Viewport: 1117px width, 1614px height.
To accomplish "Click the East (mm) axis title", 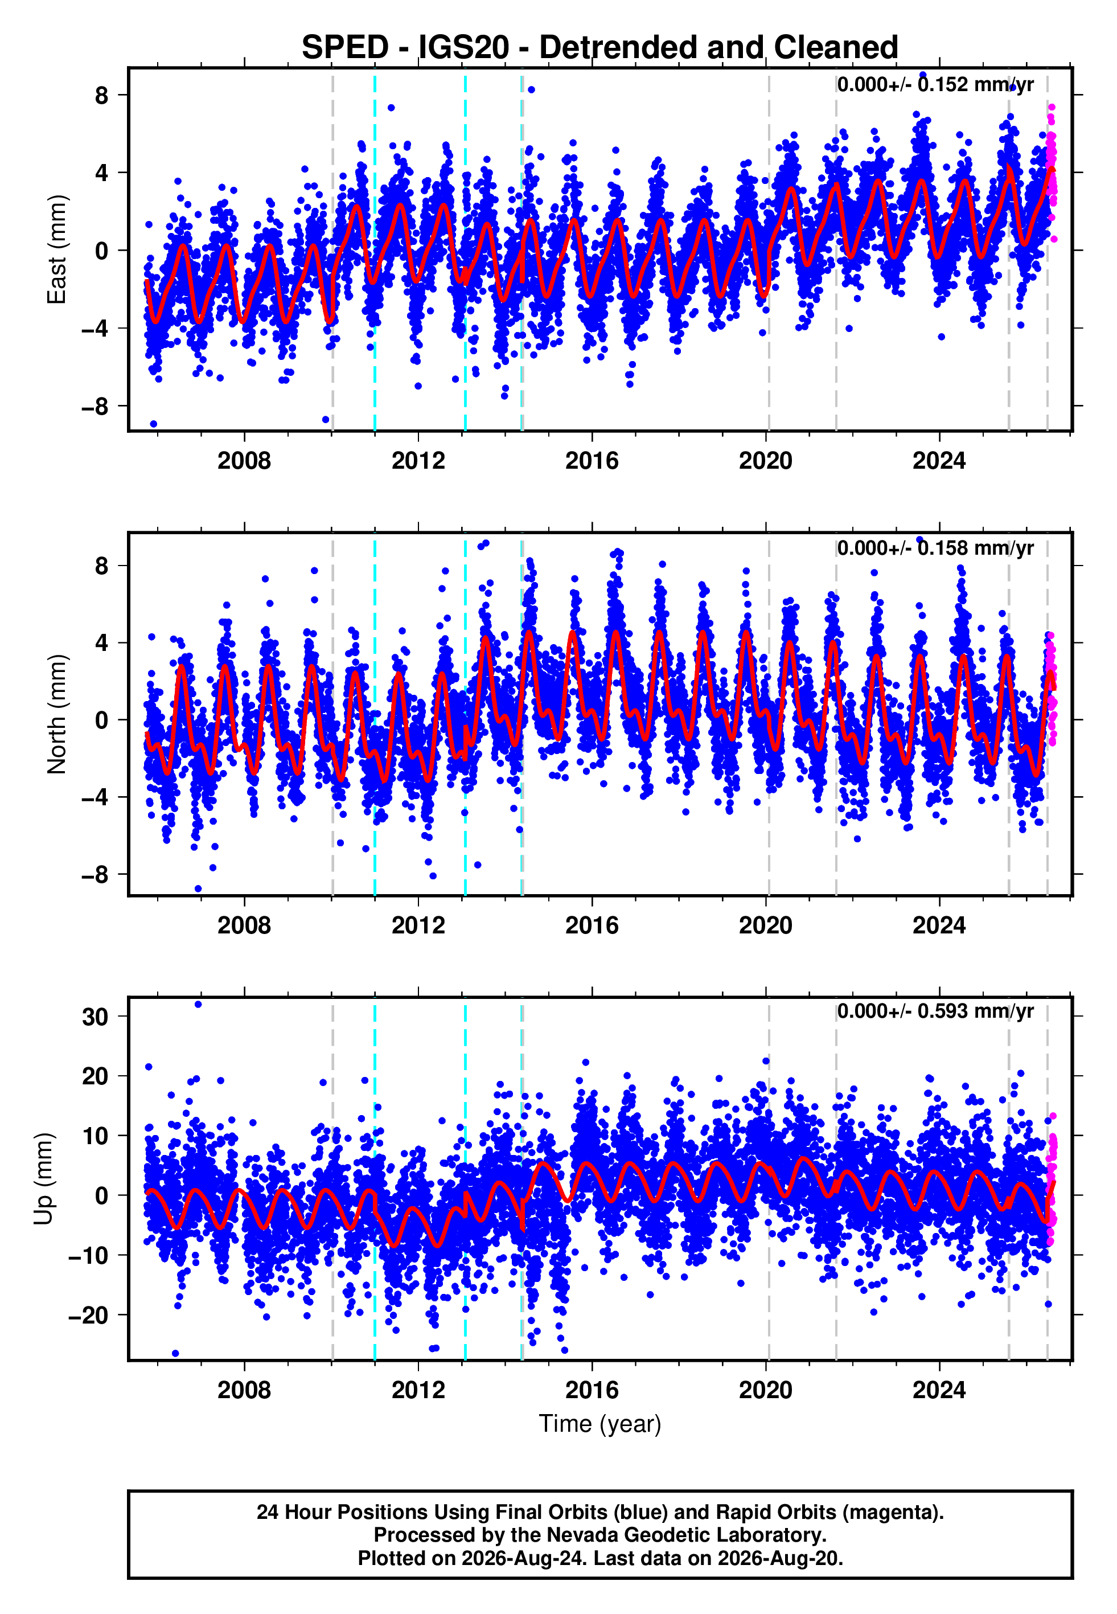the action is (x=57, y=250).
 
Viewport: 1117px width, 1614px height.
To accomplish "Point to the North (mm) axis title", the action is (x=57, y=714).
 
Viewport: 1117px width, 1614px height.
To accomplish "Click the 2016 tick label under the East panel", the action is (x=592, y=461).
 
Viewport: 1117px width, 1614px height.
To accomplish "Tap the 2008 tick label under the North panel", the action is (x=244, y=925).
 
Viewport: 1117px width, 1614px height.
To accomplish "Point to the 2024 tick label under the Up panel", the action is (x=939, y=1390).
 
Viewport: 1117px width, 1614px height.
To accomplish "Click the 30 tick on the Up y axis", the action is (x=95, y=1016).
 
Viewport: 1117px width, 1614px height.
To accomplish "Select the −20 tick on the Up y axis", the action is (x=88, y=1315).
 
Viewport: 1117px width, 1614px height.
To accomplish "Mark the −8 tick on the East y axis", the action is (x=95, y=406).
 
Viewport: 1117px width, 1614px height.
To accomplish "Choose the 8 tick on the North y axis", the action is (x=102, y=566).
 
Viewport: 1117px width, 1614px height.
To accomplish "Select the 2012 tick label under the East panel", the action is (x=418, y=461).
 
